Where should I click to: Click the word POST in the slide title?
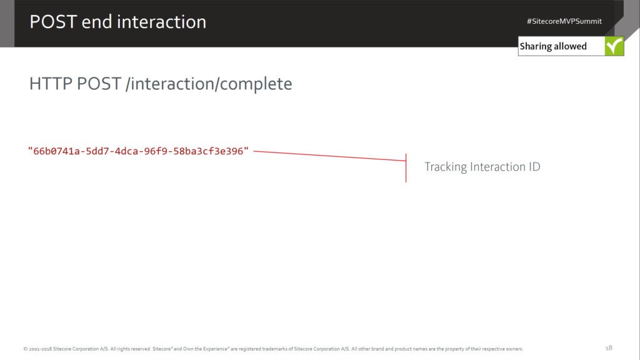coord(53,22)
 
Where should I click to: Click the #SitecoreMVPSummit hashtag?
coord(564,21)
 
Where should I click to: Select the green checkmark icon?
coord(614,46)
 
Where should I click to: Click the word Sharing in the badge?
coord(536,46)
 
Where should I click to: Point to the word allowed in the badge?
coord(571,46)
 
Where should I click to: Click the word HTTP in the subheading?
coord(51,84)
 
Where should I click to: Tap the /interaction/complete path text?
coord(209,84)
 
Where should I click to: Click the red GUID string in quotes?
coord(138,151)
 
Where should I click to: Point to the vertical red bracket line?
coord(406,167)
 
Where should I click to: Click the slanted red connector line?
coord(329,156)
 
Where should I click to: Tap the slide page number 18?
coord(609,347)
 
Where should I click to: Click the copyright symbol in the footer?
coord(26,349)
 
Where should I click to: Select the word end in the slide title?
coord(96,22)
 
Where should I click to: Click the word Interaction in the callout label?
coord(497,166)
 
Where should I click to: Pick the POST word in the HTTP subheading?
coord(99,84)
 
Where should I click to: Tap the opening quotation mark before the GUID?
coord(30,149)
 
